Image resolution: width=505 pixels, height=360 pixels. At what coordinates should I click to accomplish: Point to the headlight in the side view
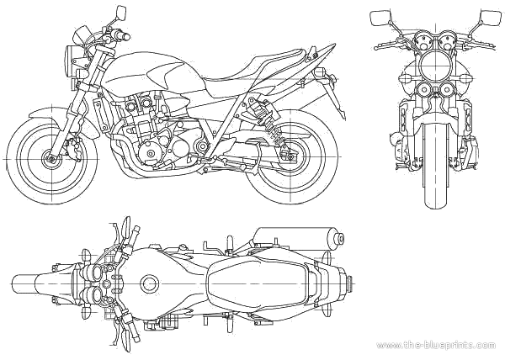point(72,58)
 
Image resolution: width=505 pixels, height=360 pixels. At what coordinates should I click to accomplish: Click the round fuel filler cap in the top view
point(150,283)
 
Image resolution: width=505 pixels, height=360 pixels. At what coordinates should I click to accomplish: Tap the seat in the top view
point(252,283)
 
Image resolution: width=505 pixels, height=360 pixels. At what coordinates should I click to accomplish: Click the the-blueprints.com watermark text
point(436,346)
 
